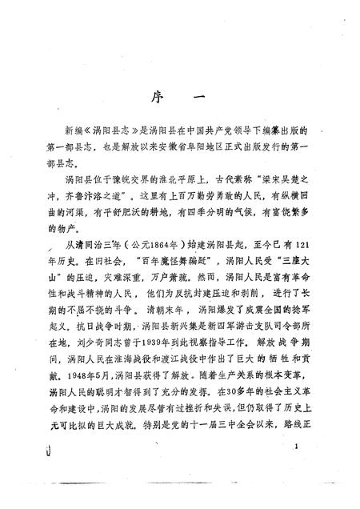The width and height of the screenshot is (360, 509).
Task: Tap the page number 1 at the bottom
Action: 297,447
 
